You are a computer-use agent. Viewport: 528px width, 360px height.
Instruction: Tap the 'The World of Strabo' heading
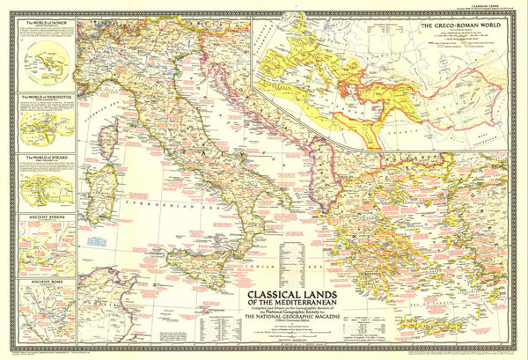click(x=41, y=158)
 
